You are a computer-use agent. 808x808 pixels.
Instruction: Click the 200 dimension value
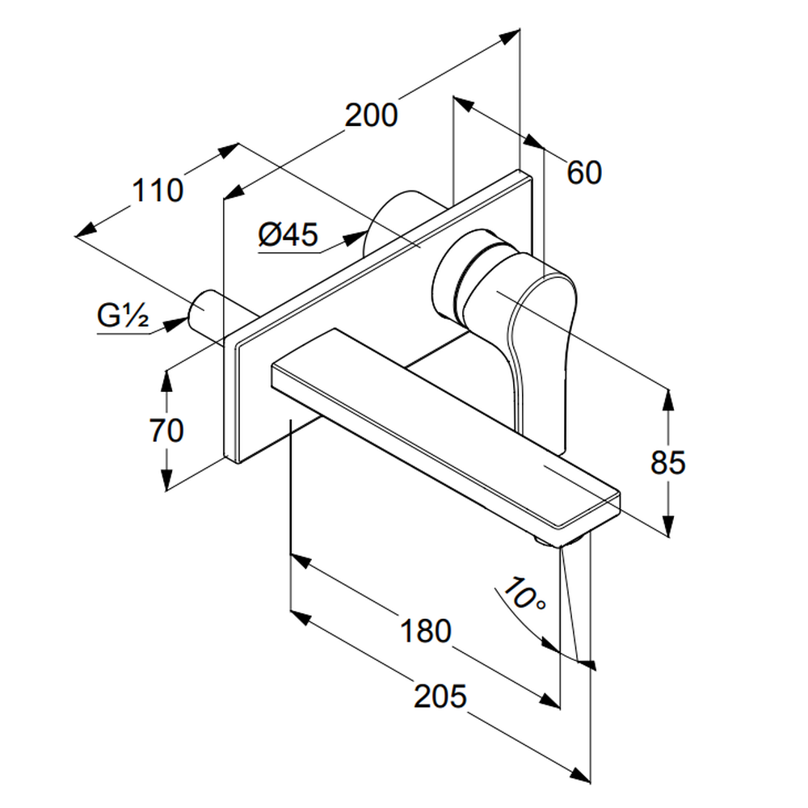pyautogui.click(x=372, y=116)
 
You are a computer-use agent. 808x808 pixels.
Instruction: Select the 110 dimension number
pyautogui.click(x=158, y=191)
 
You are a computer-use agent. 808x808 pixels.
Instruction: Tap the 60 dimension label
pyautogui.click(x=584, y=172)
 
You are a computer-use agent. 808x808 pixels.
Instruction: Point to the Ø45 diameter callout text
pyautogui.click(x=288, y=235)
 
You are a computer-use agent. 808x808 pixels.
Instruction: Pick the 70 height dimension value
pyautogui.click(x=166, y=430)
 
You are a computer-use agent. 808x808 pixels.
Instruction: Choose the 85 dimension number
pyautogui.click(x=668, y=462)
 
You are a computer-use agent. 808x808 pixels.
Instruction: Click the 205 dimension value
pyautogui.click(x=440, y=695)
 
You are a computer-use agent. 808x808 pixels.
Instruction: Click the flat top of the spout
pyautogui.click(x=444, y=420)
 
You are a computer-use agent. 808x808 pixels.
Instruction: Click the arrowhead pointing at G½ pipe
pyautogui.click(x=175, y=325)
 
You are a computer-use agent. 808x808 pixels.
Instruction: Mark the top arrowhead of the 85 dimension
pyautogui.click(x=668, y=398)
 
